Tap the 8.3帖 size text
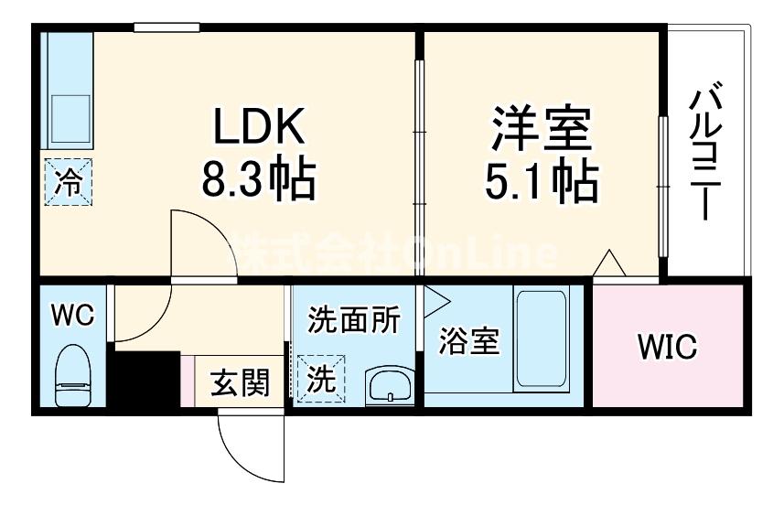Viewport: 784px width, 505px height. [258, 181]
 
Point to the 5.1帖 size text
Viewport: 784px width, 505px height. [542, 183]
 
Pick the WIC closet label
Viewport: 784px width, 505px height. [668, 347]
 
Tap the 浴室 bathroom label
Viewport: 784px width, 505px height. [469, 341]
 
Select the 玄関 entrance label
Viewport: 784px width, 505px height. [241, 382]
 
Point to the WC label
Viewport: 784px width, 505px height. [72, 316]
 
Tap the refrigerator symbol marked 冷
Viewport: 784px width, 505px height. [69, 181]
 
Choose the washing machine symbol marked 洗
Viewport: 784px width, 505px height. [320, 378]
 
